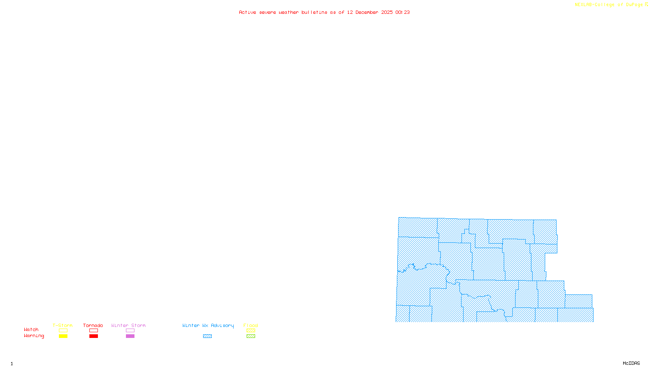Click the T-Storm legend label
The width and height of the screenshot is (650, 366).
[63, 325]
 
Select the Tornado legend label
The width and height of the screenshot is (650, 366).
[93, 325]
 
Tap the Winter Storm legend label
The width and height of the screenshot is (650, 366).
[128, 325]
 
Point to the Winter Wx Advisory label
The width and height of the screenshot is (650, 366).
[208, 325]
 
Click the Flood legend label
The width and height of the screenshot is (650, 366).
[251, 325]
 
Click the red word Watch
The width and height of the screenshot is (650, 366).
[31, 329]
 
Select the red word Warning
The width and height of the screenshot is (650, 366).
[34, 336]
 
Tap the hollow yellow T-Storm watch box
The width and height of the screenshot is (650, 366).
[63, 331]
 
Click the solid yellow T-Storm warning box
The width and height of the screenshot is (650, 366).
[63, 336]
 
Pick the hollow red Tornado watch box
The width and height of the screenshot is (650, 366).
[94, 331]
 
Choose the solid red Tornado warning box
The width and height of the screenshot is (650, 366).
[94, 336]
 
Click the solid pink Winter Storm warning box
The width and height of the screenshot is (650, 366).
[130, 336]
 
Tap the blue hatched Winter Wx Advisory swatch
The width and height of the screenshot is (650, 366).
[207, 336]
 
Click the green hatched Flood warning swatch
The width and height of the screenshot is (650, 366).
[251, 336]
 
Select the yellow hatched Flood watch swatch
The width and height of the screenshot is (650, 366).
[251, 331]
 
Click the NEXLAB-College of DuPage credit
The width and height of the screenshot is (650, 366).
[609, 5]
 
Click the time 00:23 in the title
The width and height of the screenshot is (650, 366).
[403, 12]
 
